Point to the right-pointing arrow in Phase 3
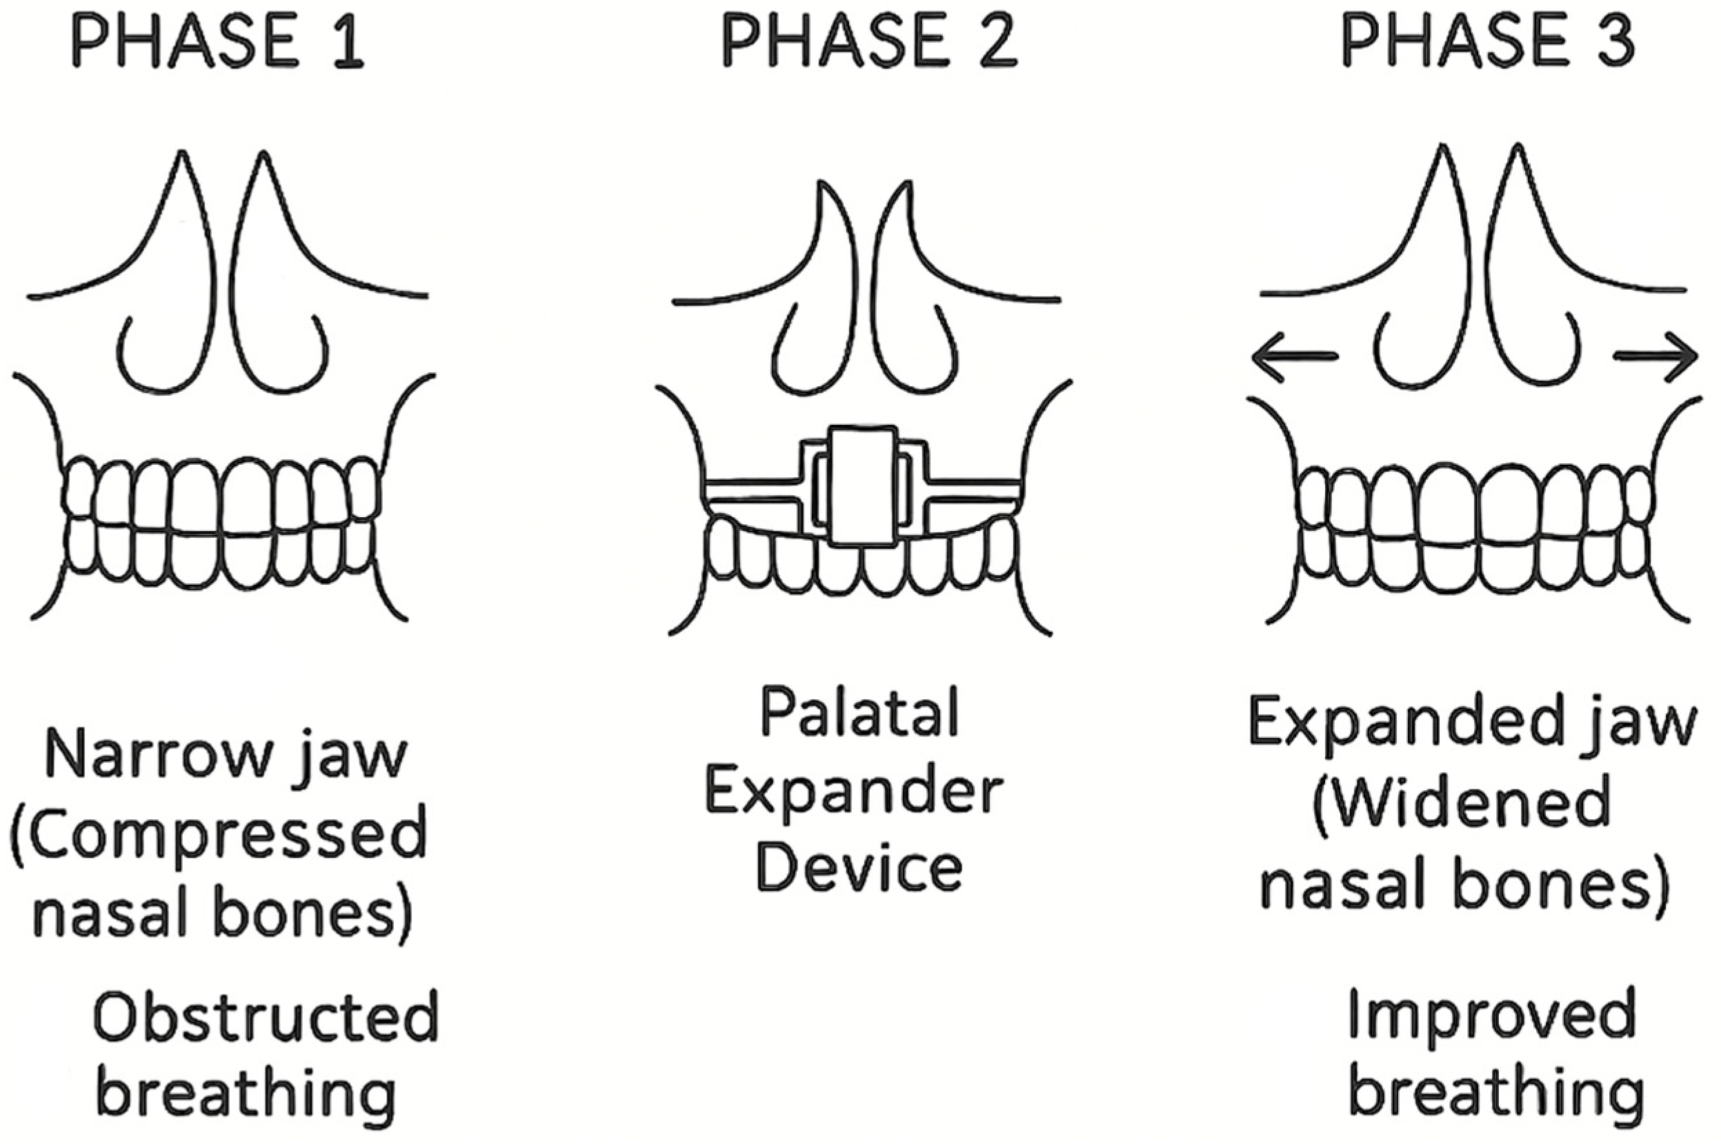[1655, 356]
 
